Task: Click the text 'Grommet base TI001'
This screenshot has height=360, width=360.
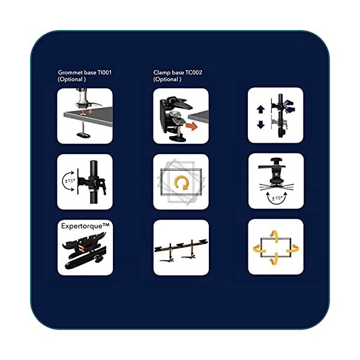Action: pos(85,73)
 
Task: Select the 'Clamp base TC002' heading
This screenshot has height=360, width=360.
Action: pos(178,73)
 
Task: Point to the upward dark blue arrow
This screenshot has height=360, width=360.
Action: pos(260,110)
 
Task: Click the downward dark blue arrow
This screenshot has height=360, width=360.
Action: pos(260,125)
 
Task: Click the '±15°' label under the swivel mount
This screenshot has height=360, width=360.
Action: pos(277,199)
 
